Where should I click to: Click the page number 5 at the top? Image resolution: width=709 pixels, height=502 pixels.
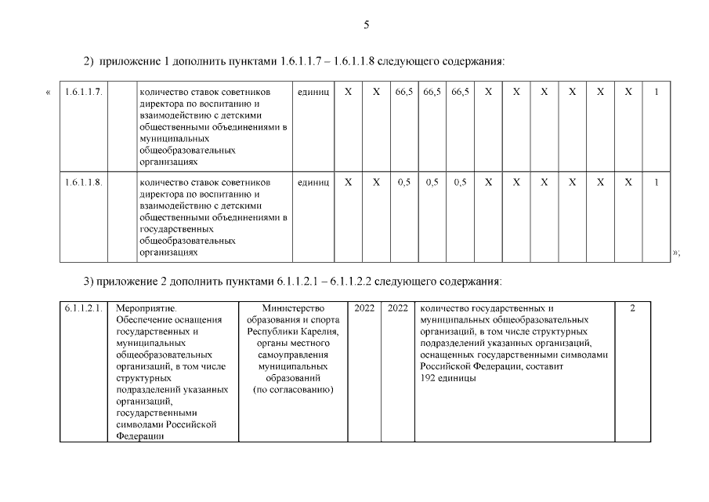coord(366,25)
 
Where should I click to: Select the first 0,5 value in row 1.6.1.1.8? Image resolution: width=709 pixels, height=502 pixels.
coord(403,182)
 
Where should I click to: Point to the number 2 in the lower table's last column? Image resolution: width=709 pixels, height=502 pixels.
coord(632,308)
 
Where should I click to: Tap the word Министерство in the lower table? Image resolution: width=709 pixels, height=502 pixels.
coord(294,308)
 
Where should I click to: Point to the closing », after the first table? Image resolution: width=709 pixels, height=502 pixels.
coord(676,253)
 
